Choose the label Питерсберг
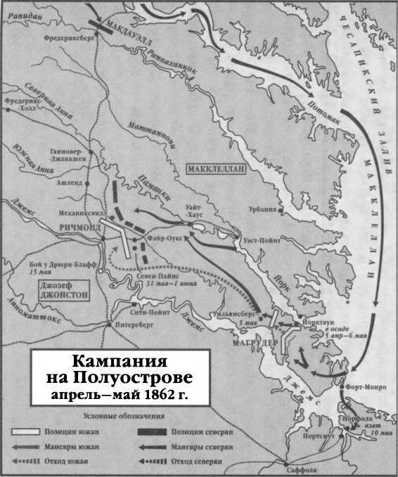[x=129, y=327]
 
